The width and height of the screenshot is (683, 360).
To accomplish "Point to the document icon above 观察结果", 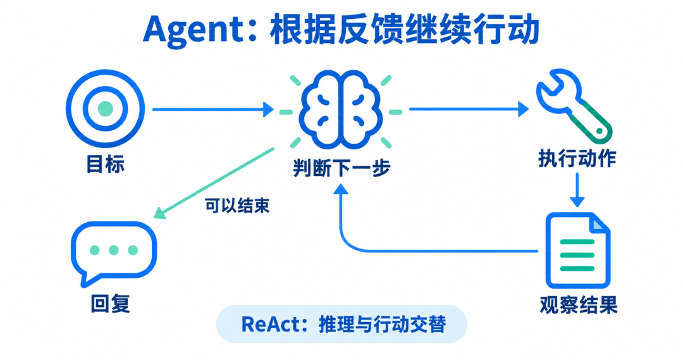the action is tap(578, 251).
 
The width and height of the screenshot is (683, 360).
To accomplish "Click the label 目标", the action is tap(106, 164).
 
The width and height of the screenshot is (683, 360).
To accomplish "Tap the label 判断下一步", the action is tap(341, 168).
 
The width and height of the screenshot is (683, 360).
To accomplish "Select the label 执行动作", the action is tap(577, 158).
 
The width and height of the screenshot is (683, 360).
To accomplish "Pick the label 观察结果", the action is tap(579, 305).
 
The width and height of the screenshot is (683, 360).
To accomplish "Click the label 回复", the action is tap(110, 303).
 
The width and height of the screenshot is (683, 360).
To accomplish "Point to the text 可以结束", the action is tap(237, 206).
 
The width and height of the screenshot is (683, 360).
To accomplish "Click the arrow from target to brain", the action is tap(213, 109).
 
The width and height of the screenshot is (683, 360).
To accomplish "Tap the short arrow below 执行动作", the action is tap(577, 190).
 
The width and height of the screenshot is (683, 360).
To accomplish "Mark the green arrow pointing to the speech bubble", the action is tap(214, 183).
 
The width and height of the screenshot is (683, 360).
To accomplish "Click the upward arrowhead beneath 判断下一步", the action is tap(341, 189).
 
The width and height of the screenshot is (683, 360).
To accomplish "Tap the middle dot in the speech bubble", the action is tap(114, 250).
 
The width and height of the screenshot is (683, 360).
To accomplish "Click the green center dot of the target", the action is tap(106, 109).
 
